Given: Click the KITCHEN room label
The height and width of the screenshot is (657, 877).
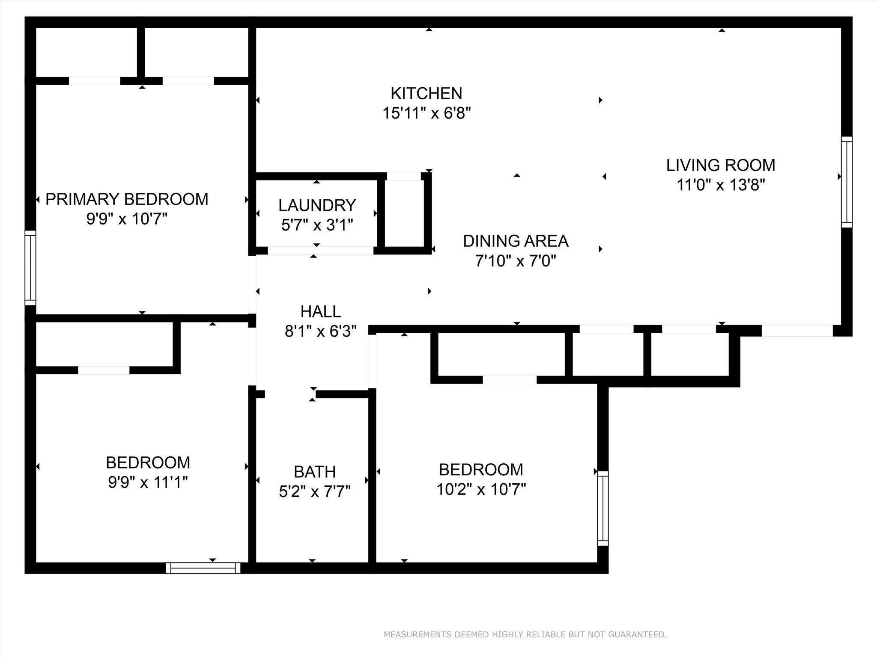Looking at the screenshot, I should tap(426, 93).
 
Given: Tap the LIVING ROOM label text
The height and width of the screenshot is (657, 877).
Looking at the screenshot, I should tap(721, 165).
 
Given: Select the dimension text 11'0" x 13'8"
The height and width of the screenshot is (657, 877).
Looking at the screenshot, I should tap(721, 185).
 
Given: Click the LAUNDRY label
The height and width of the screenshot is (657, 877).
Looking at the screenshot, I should tap(317, 205).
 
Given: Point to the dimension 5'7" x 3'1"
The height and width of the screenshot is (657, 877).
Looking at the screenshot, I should tap(317, 225).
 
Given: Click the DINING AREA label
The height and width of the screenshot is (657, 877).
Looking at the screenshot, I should tap(516, 241).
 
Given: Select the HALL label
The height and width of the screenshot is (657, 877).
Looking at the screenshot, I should tap(320, 311).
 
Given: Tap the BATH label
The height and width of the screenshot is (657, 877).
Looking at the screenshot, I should tap(315, 472).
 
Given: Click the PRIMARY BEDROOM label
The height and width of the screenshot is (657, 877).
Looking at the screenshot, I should tap(127, 199).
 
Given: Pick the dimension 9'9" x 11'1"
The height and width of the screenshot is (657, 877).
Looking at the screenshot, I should tap(148, 483).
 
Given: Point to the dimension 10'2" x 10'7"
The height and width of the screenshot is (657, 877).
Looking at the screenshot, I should tap(481, 489).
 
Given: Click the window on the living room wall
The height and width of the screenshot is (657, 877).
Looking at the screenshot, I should tap(847, 182).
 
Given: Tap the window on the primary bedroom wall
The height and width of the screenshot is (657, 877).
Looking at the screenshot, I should tap(30, 268).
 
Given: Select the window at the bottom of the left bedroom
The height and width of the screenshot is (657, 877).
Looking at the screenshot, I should tap(203, 568).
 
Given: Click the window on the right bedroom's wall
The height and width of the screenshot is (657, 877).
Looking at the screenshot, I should tap(603, 508).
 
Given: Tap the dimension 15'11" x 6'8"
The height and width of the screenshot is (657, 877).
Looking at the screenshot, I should tap(427, 113).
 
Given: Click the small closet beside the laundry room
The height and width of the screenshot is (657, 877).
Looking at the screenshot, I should tap(404, 213).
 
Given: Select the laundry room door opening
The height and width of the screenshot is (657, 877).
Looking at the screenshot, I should tap(320, 251).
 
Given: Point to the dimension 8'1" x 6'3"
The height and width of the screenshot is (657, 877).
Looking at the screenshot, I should tap(320, 331).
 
